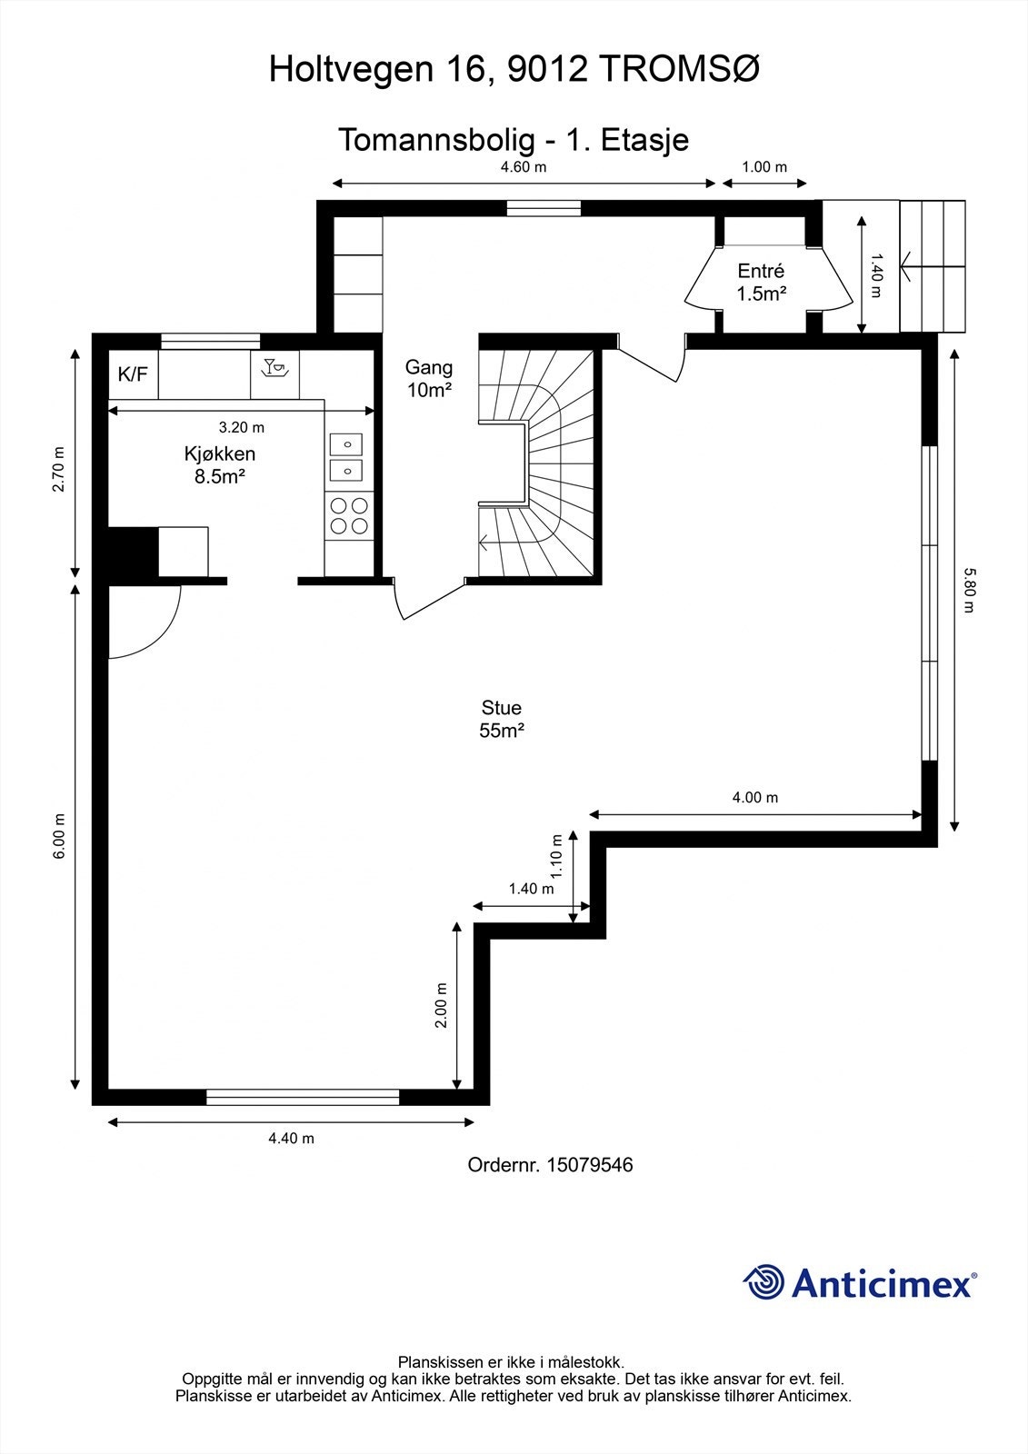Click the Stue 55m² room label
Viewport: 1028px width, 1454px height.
coord(502,719)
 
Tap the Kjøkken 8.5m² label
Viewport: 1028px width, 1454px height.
coord(219,464)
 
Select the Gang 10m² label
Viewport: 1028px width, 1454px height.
coord(429,378)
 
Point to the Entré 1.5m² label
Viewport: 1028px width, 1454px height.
coord(761,282)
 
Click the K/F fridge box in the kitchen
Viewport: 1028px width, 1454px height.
coord(133,374)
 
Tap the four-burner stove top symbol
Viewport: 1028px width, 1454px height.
coord(349,515)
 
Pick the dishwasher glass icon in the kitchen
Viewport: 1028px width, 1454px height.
coord(274,367)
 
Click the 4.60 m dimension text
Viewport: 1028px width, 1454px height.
coord(524,167)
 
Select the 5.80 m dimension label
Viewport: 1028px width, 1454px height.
coord(969,590)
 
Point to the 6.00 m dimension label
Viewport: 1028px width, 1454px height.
coord(59,836)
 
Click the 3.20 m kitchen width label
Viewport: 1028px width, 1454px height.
coord(242,427)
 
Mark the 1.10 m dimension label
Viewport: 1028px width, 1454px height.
coord(556,855)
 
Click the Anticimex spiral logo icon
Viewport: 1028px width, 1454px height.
coord(764,1281)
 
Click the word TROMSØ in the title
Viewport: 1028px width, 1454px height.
coord(679,69)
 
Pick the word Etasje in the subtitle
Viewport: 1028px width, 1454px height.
coord(644,140)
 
